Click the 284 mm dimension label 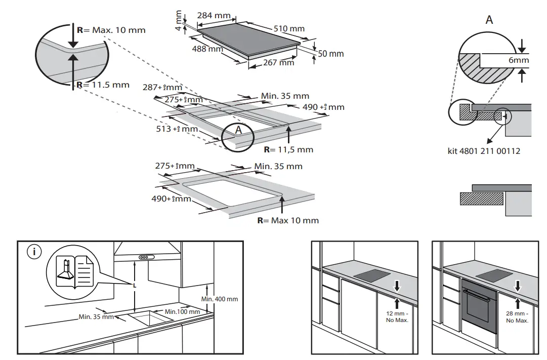point(213,16)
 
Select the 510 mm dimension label point(289,29)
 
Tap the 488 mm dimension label point(207,49)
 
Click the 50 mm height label point(330,54)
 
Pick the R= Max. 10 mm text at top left point(111,30)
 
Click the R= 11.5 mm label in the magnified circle point(103,85)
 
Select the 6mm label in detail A point(519,60)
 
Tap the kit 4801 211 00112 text point(484,151)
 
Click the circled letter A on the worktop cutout point(237,131)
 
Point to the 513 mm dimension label point(177,129)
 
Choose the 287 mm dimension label point(162,87)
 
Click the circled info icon point(34,252)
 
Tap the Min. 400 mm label point(219,299)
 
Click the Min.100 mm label point(182,311)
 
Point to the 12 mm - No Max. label point(397,317)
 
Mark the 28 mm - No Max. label point(517,317)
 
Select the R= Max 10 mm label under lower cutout point(288,220)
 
